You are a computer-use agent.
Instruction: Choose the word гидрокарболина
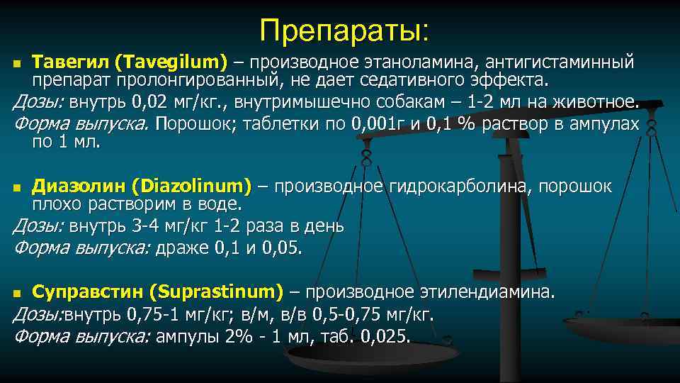tap(460, 187)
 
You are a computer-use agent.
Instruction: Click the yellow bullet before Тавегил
tap(19, 64)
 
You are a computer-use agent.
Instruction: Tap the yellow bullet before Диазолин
tap(19, 188)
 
